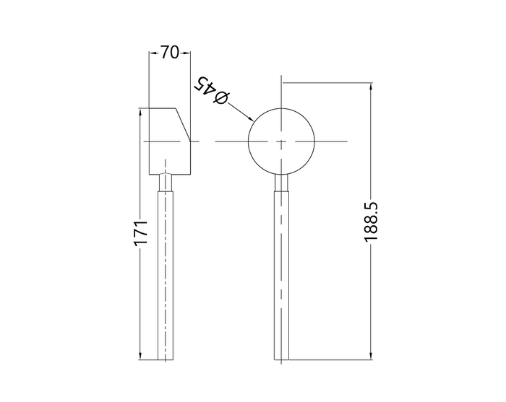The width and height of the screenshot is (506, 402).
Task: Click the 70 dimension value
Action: pos(169,52)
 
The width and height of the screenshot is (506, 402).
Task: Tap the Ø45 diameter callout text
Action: pos(211,90)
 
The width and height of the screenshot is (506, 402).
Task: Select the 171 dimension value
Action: pos(141,233)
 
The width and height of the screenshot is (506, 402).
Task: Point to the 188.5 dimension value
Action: pos(371,222)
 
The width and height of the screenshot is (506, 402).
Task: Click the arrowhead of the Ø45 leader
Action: pos(250,118)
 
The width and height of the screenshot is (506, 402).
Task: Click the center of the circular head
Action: pos(281,141)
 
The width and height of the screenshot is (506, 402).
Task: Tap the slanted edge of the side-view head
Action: pos(183,125)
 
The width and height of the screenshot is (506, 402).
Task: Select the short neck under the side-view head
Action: pos(166,183)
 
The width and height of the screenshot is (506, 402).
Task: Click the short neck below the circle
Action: pos(281,183)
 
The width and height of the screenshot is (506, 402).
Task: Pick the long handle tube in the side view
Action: pos(166,276)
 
